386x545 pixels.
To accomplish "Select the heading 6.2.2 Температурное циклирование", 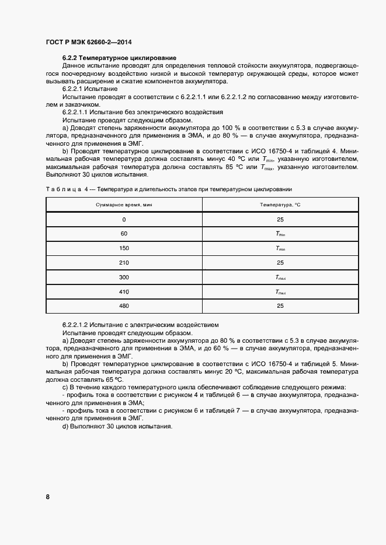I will pyautogui.click(x=119, y=59).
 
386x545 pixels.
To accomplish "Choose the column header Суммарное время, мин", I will pyautogui.click(x=124, y=205).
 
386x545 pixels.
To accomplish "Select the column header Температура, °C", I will pyautogui.click(x=280, y=205).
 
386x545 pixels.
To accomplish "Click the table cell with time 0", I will pyautogui.click(x=124, y=219).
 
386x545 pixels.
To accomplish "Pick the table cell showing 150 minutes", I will pyautogui.click(x=124, y=248).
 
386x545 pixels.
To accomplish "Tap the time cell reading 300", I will pyautogui.click(x=124, y=276).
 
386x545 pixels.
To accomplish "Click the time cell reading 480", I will pyautogui.click(x=124, y=305).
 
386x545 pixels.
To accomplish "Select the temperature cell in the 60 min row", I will pyautogui.click(x=280, y=234).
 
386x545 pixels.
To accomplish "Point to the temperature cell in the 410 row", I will pyautogui.click(x=280, y=291).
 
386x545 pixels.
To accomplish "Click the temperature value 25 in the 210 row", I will pyautogui.click(x=280, y=262).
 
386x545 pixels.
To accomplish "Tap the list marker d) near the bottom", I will pyautogui.click(x=65, y=426).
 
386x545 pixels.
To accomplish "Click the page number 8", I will pyautogui.click(x=48, y=497).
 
